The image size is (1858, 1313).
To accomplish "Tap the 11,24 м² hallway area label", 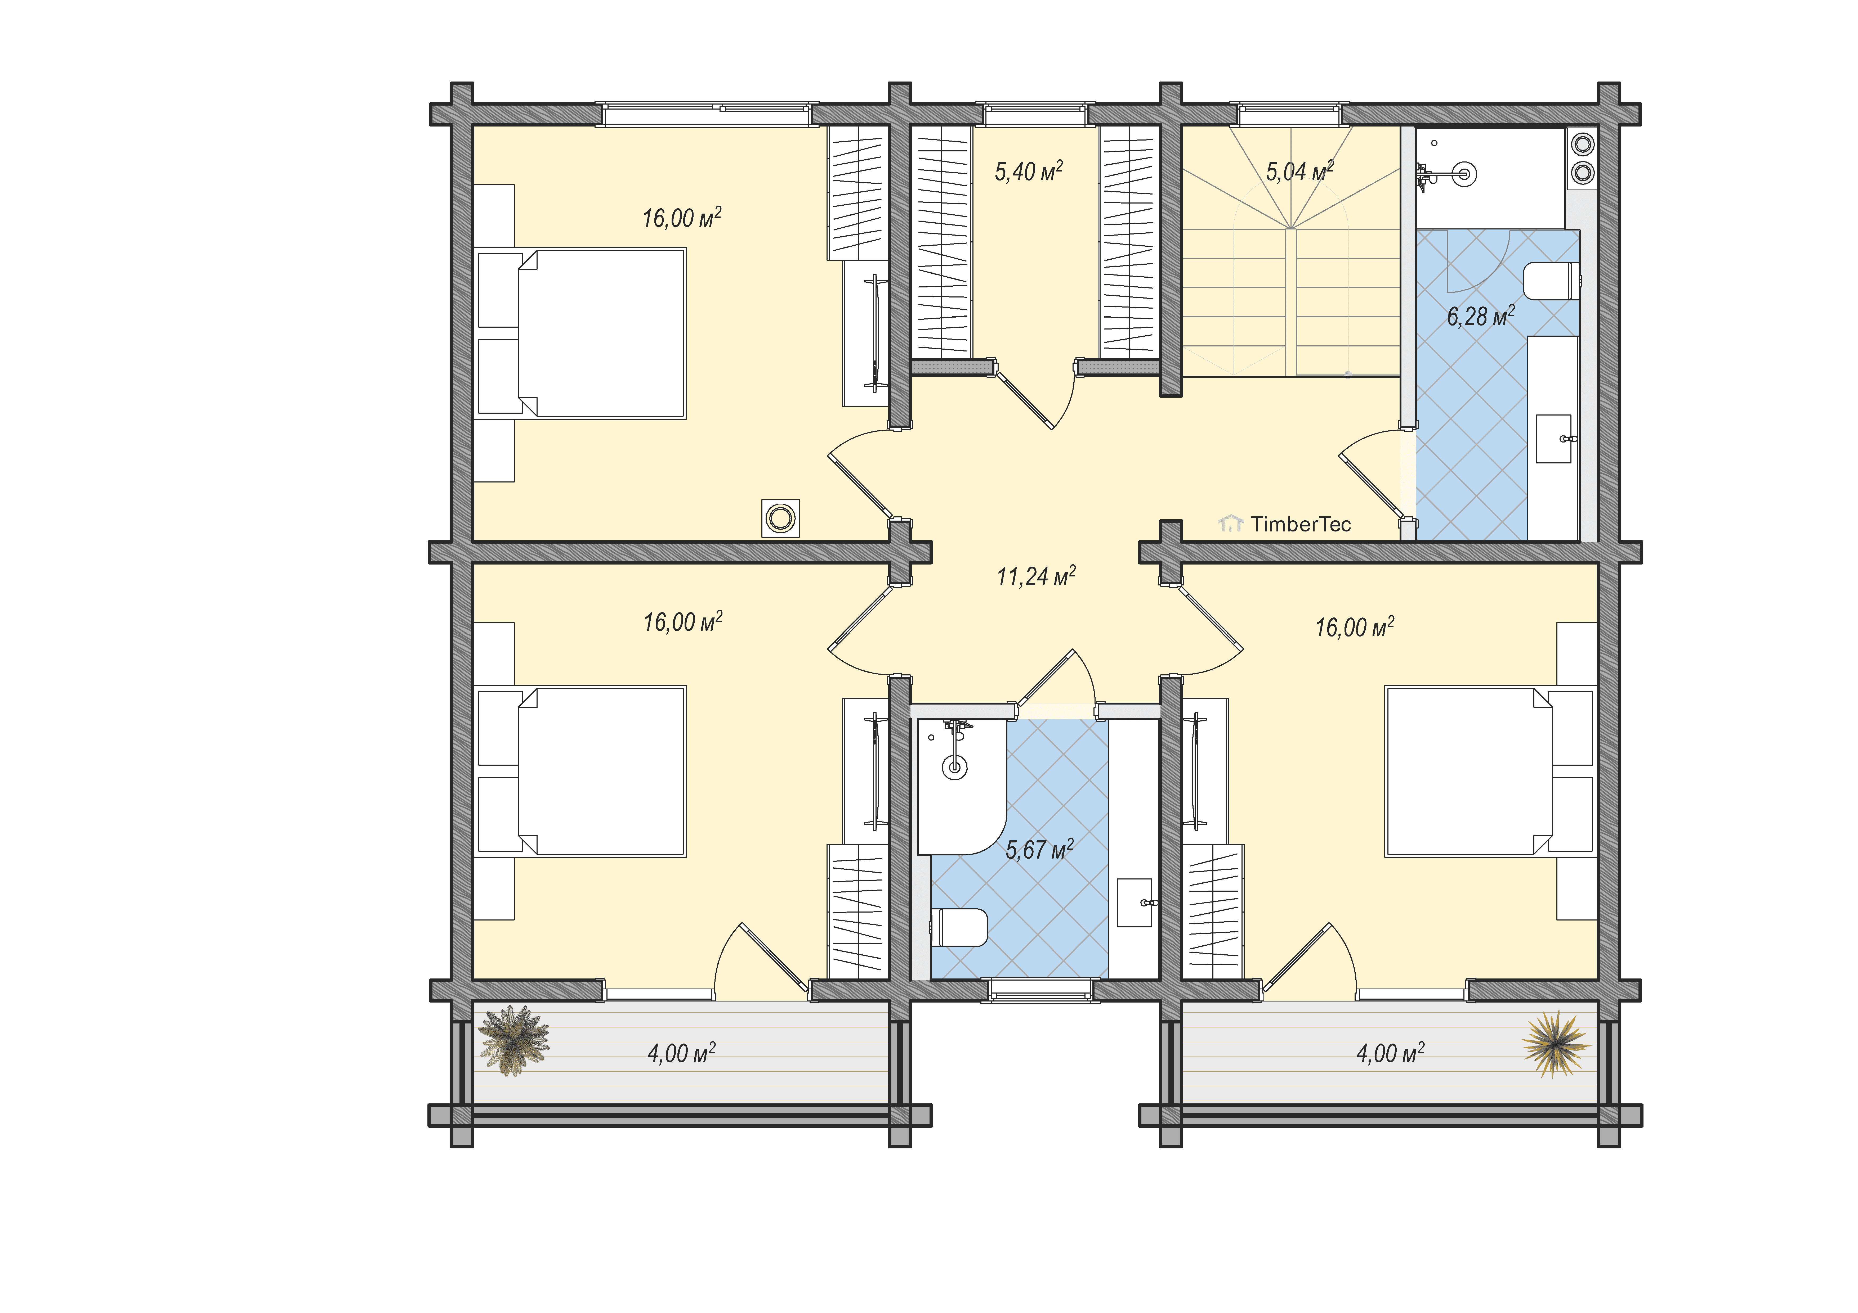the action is tap(1036, 576).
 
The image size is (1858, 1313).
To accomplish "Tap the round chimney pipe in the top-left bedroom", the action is tap(781, 518).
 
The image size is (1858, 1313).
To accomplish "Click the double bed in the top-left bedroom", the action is tap(581, 333).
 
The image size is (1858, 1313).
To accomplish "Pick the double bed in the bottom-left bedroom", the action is tap(581, 771).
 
